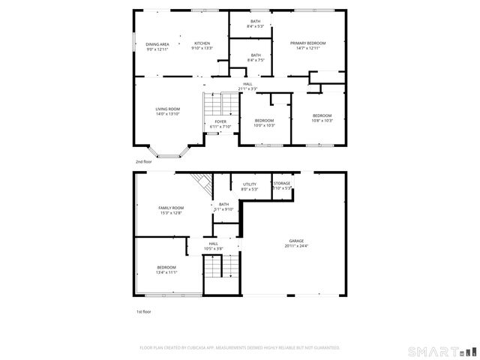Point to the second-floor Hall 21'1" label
(x=247, y=86)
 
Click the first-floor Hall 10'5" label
(x=213, y=246)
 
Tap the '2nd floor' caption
(x=143, y=161)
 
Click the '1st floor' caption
(x=142, y=311)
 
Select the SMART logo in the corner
(x=442, y=351)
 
